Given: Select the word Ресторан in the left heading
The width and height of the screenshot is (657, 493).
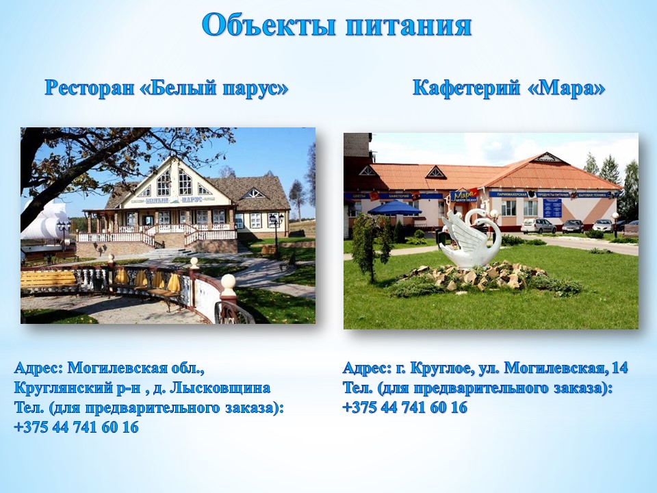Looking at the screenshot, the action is click(89, 88).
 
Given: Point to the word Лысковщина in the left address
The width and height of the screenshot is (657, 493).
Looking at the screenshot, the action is click(221, 388).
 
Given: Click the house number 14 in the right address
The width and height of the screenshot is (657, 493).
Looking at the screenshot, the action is click(620, 368).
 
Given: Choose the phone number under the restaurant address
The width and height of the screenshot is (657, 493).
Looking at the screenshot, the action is click(76, 427).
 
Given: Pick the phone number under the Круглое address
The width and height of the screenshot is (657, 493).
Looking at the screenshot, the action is click(404, 407).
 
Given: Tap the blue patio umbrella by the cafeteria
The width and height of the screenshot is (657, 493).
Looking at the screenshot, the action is click(394, 208).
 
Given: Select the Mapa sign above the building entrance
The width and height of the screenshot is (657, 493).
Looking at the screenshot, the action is click(463, 196).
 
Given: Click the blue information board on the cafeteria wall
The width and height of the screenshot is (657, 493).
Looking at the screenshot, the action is click(552, 208).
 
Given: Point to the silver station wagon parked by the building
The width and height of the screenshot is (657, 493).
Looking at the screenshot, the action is click(539, 226).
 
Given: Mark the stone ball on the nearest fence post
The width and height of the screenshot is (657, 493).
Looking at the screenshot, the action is click(229, 281).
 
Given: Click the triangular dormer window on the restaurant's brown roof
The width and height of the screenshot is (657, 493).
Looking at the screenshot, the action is click(254, 193).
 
